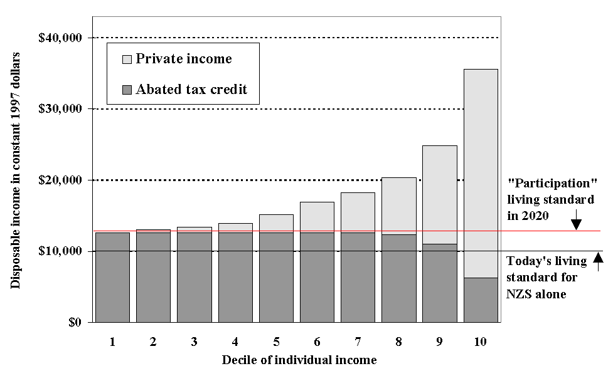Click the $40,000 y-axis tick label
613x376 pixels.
pyautogui.click(x=60, y=38)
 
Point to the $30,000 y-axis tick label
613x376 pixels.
pyautogui.click(x=60, y=109)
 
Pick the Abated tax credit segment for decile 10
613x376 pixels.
pyautogui.click(x=481, y=300)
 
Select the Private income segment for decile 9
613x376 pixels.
pyautogui.click(x=440, y=194)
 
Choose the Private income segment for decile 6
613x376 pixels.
pyautogui.click(x=317, y=217)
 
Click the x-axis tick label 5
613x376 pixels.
pyautogui.click(x=275, y=342)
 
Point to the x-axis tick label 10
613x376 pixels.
pyautogui.click(x=480, y=342)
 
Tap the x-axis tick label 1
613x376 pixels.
pyautogui.click(x=112, y=342)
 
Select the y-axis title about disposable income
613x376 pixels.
pyautogui.click(x=15, y=170)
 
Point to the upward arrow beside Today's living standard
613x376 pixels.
pyautogui.click(x=598, y=261)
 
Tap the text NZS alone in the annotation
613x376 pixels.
pyautogui.click(x=537, y=293)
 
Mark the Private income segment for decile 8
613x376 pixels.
pyautogui.click(x=399, y=206)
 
